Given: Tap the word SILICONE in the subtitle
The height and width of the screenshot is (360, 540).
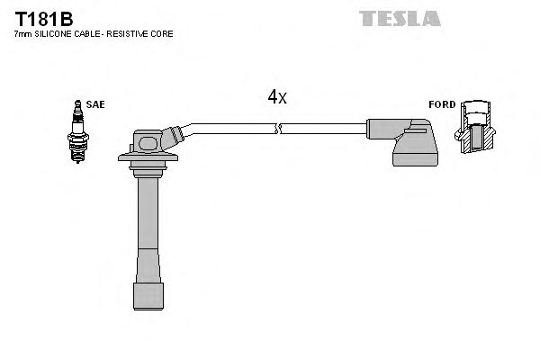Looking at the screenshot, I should (x=52, y=33).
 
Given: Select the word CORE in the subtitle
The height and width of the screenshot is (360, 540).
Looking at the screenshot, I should (x=162, y=33).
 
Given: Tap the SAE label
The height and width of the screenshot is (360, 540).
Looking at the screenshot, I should (x=96, y=104).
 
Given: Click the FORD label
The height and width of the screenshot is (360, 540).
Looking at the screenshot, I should (x=441, y=104).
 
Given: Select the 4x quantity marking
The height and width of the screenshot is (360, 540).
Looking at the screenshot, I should (x=276, y=97).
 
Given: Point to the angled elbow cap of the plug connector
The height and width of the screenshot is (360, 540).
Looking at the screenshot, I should (x=174, y=139).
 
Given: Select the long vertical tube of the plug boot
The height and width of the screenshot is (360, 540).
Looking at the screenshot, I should (x=148, y=225).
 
